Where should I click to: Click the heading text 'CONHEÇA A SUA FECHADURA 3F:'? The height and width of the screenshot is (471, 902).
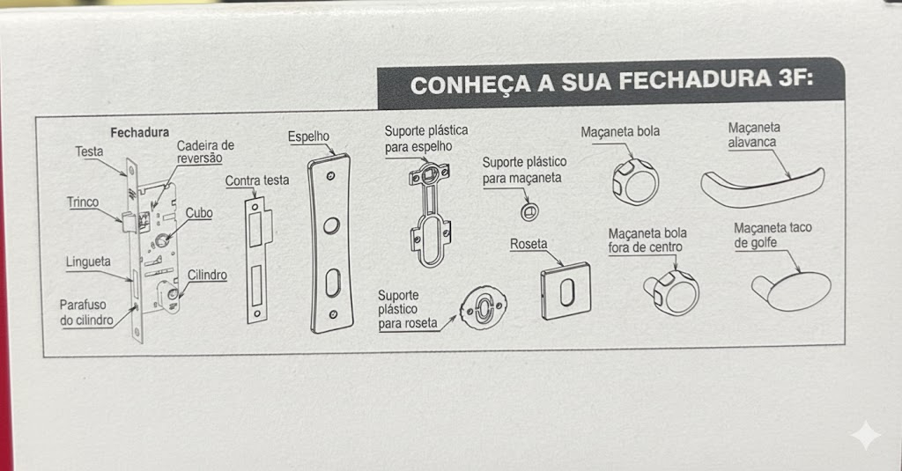pyautogui.click(x=611, y=82)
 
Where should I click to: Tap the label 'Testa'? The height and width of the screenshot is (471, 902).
pyautogui.click(x=89, y=151)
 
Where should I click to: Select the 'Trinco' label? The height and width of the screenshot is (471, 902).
pyautogui.click(x=82, y=202)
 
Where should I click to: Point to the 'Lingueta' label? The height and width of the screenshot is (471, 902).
pyautogui.click(x=88, y=262)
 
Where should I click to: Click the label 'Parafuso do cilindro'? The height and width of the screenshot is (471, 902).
pyautogui.click(x=86, y=313)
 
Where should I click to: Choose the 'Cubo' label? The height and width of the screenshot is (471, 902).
pyautogui.click(x=199, y=213)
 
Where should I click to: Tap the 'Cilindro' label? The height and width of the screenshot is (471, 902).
pyautogui.click(x=207, y=275)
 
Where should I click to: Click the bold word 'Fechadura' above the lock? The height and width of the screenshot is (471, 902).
pyautogui.click(x=140, y=133)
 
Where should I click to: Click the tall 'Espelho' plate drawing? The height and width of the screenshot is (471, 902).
pyautogui.click(x=330, y=243)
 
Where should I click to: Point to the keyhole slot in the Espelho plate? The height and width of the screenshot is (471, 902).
pyautogui.click(x=333, y=283)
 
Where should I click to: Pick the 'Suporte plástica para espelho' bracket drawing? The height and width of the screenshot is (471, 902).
pyautogui.click(x=429, y=215)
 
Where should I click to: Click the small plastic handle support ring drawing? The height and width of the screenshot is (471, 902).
pyautogui.click(x=529, y=212)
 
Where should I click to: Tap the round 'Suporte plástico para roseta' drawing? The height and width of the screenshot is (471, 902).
pyautogui.click(x=484, y=307)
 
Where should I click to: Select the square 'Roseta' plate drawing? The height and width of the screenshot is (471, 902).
pyautogui.click(x=566, y=291)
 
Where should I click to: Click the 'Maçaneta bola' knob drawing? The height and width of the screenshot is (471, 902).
pyautogui.click(x=634, y=181)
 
